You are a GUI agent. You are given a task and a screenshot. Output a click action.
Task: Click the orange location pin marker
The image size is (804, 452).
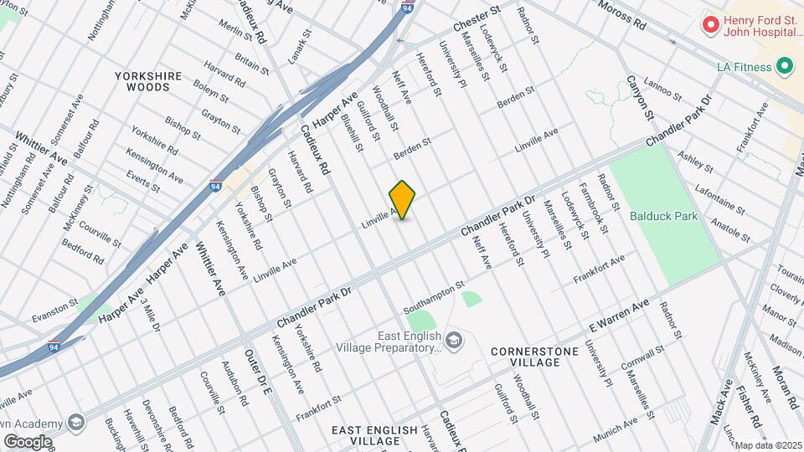403,199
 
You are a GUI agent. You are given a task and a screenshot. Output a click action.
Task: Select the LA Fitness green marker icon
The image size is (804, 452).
785,65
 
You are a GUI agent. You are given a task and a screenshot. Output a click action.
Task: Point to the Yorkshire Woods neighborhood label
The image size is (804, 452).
148,81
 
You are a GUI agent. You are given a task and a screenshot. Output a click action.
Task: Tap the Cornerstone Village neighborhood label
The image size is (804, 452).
536,357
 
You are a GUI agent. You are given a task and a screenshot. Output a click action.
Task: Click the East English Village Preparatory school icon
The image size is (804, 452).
453,339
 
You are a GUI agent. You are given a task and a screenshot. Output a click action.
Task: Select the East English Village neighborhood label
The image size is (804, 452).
374,435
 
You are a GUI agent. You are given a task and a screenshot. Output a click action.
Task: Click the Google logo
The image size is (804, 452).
28,441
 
